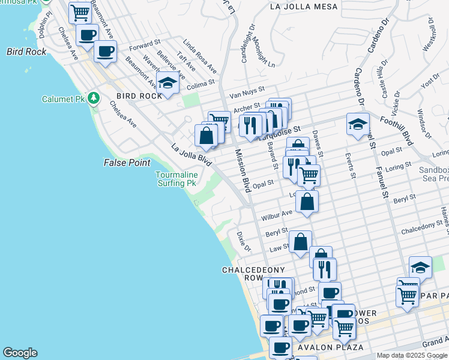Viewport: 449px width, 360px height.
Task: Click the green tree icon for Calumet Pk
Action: click(x=93, y=98)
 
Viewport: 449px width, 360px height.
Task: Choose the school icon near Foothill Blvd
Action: click(x=358, y=125)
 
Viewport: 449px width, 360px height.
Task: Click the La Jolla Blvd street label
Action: click(x=192, y=155)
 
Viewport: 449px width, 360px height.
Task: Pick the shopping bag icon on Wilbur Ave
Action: click(x=307, y=203)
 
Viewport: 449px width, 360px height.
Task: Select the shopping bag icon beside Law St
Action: click(x=301, y=242)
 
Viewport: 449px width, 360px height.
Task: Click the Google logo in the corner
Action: click(x=20, y=353)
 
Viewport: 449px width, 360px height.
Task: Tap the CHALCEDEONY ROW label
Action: click(x=244, y=274)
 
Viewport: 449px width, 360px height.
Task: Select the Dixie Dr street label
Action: click(x=243, y=242)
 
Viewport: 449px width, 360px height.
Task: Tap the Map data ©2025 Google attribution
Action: click(x=412, y=355)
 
